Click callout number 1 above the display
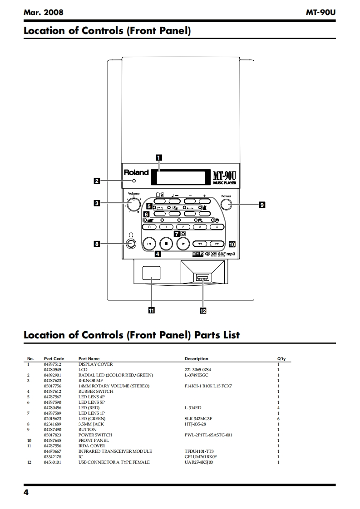click(x=158, y=158)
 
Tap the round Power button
click(x=226, y=205)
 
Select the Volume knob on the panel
click(x=133, y=204)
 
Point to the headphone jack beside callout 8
click(x=131, y=244)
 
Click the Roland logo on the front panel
click(x=136, y=173)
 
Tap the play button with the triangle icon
click(x=182, y=244)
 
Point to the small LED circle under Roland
click(x=134, y=181)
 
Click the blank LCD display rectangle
click(x=181, y=176)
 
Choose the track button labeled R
click(x=150, y=226)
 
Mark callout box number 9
click(x=261, y=205)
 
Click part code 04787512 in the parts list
click(x=53, y=364)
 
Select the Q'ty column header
click(x=281, y=359)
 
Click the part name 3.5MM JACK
click(x=91, y=424)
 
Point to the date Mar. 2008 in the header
click(x=43, y=13)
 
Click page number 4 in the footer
click(x=26, y=493)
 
